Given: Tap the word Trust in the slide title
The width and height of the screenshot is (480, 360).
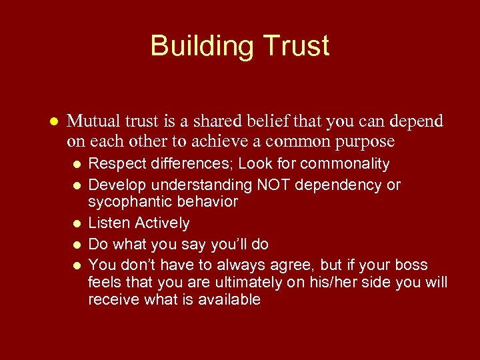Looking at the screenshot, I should click(x=296, y=47).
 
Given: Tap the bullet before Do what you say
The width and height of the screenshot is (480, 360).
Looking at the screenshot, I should click(x=77, y=245).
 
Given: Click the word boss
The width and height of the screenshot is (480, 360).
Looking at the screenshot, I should click(x=411, y=264).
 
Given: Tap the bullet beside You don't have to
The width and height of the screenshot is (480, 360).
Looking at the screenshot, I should click(x=77, y=265).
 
